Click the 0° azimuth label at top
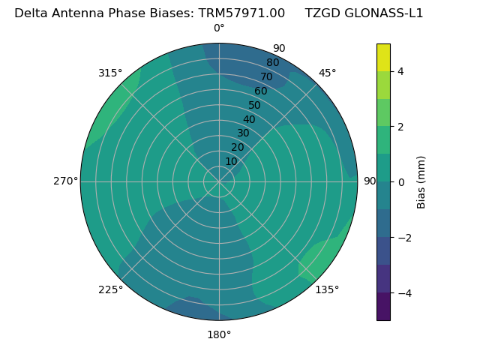[219, 28]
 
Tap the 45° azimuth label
[327, 73]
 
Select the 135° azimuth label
[327, 289]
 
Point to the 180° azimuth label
[219, 334]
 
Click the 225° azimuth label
[110, 289]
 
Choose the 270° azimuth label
[65, 181]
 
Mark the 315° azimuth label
[110, 73]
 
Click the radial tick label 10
[231, 161]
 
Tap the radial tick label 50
[254, 105]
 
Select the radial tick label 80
[272, 62]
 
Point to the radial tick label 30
[243, 133]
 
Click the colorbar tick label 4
[400, 71]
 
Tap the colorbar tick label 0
[400, 182]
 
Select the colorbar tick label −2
[403, 238]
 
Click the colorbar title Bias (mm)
[421, 182]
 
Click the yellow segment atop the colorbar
[383, 58]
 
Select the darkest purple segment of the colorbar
[383, 307]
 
